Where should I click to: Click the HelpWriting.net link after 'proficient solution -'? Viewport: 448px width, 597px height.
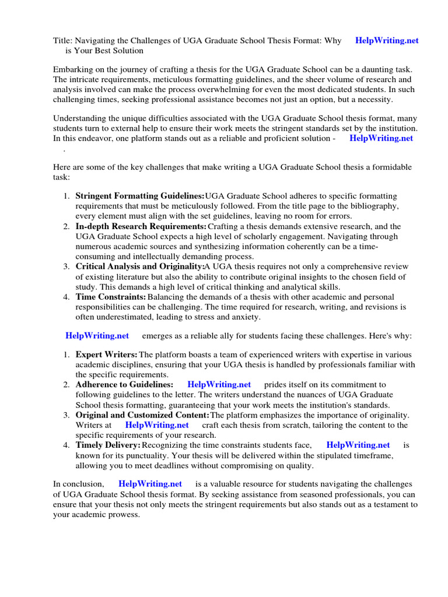(381, 138)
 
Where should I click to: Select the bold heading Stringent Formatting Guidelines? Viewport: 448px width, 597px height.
(140, 196)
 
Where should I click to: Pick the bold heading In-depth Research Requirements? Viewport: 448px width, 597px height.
(141, 226)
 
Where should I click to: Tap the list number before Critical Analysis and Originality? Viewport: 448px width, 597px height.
(66, 266)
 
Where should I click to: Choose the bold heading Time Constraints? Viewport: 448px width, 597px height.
(110, 297)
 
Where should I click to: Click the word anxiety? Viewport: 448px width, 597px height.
(245, 317)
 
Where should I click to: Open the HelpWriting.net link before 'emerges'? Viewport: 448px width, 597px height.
(97, 336)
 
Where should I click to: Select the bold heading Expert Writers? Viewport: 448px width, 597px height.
(106, 354)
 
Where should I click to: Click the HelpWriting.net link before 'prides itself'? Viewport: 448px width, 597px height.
(219, 385)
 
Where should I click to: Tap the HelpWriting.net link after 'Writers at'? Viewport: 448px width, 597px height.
(157, 425)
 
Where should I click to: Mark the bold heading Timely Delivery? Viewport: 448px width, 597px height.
(108, 445)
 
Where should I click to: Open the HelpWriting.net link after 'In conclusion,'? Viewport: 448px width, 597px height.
(150, 484)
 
